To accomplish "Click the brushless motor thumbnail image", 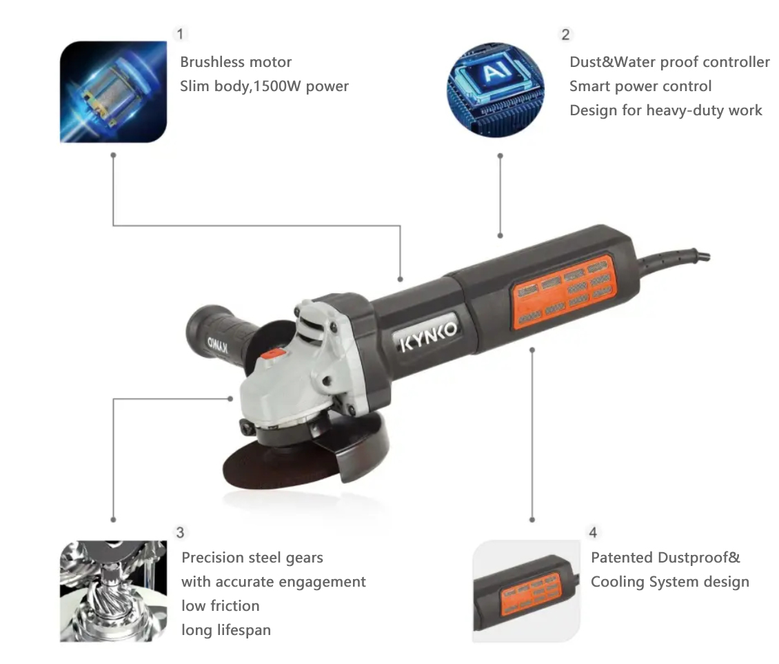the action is point(113,92).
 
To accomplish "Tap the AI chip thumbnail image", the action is point(496,90).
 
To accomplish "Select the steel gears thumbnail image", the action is point(113,592).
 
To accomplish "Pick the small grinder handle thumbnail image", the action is point(526,591).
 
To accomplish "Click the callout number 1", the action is point(180,34).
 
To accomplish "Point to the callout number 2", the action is point(565,35).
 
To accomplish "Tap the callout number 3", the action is point(180,533).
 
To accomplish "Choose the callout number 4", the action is point(593,533).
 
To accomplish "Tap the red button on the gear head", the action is point(273,354).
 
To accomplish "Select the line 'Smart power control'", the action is point(640,86).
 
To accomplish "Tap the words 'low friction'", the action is point(220,606).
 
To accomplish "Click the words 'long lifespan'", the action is point(226,630).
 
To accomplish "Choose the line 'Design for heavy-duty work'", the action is point(666,110).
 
